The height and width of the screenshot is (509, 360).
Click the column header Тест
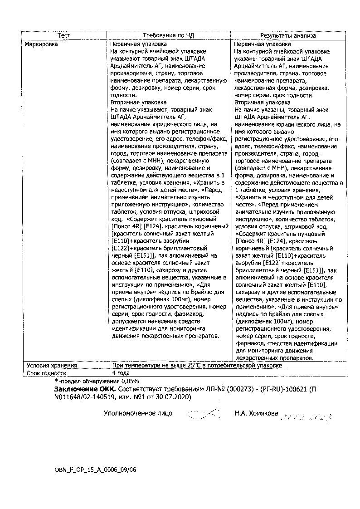tap(64, 35)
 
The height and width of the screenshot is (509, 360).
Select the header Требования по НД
tap(168, 35)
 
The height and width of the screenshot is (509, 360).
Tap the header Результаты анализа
tap(287, 35)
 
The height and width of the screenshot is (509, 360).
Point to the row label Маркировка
tap(42, 44)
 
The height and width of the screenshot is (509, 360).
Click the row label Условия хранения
tap(52, 365)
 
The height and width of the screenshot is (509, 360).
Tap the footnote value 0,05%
tap(128, 381)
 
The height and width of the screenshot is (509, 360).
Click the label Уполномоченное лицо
tap(138, 414)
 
